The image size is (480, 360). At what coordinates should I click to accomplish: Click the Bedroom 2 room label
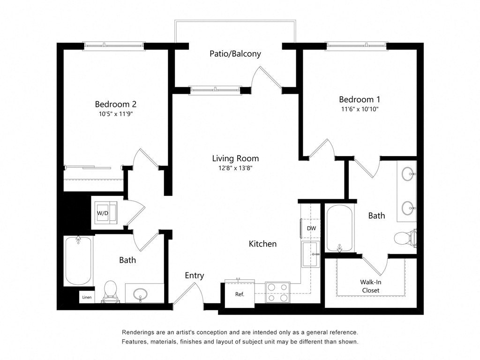(116, 104)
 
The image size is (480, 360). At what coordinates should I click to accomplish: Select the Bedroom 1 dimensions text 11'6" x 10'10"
(359, 109)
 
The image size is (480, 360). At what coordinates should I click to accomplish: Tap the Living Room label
(235, 158)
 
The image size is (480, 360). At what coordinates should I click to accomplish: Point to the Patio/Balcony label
(235, 54)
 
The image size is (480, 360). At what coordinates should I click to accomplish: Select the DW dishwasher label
(311, 228)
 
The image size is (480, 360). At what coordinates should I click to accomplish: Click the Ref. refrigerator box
(240, 294)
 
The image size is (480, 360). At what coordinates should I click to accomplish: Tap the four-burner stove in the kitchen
(277, 292)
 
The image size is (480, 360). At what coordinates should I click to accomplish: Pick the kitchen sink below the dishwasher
(310, 254)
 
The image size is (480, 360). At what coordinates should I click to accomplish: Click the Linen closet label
(87, 298)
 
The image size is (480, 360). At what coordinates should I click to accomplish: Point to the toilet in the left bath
(110, 289)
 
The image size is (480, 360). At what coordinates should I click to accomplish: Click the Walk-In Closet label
(370, 286)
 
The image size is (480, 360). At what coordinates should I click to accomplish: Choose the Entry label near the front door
(194, 276)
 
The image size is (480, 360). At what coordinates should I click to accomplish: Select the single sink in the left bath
(140, 294)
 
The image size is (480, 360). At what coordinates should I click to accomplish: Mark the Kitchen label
(262, 244)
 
